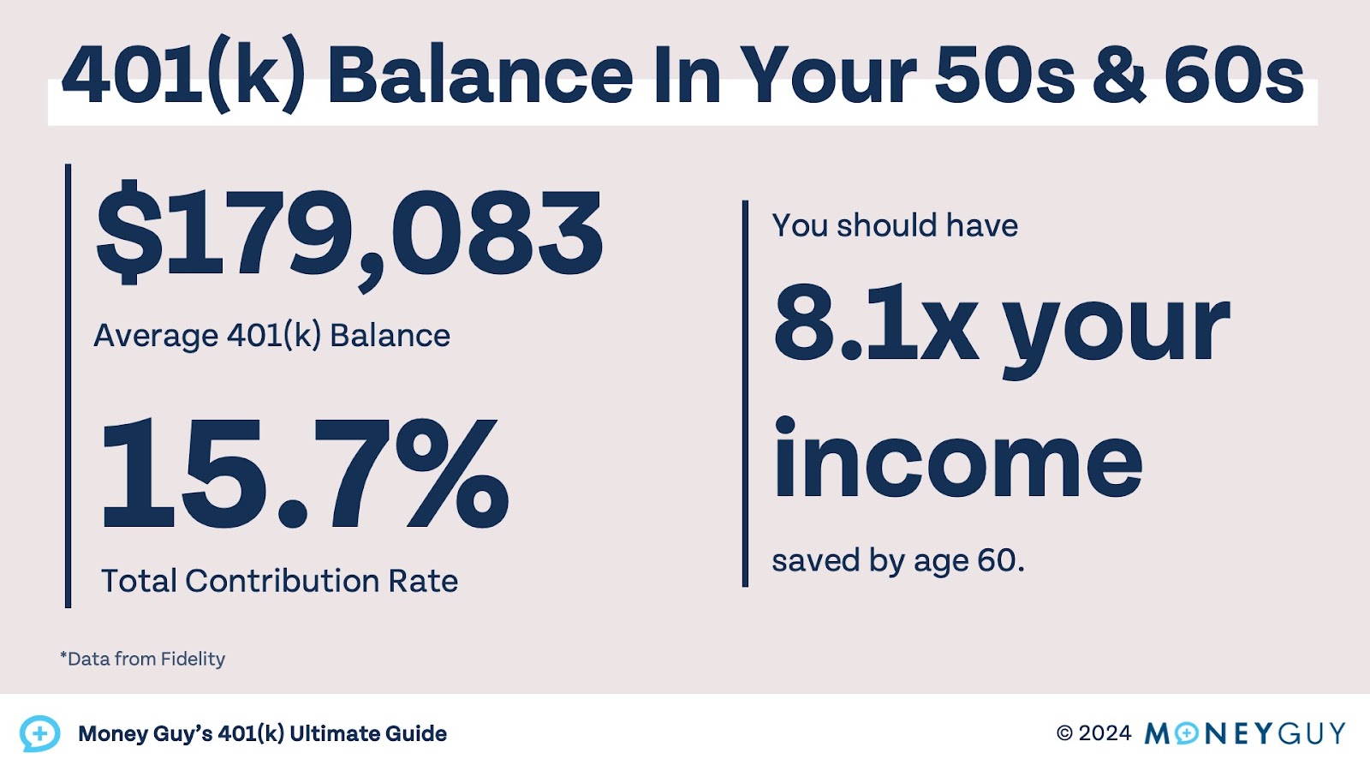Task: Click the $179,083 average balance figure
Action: tap(349, 234)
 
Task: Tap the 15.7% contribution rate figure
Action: tap(304, 474)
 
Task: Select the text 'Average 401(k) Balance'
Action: tap(271, 336)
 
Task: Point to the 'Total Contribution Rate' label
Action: tap(279, 581)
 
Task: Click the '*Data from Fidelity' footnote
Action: tap(142, 659)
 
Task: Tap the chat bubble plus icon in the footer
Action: tap(39, 734)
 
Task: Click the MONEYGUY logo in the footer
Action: tap(1244, 733)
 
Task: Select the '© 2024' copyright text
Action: tap(1093, 733)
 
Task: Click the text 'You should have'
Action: tap(895, 225)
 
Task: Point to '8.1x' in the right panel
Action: tap(875, 323)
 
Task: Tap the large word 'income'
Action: tap(957, 460)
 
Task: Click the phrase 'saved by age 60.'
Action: tap(897, 561)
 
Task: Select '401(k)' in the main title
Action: tap(183, 76)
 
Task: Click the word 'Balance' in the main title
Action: tap(479, 76)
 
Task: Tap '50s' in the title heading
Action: tap(1004, 76)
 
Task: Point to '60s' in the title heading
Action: tap(1233, 76)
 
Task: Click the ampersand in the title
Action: tap(1118, 76)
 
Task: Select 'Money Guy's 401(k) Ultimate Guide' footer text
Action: tap(262, 734)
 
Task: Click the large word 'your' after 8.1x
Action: tap(1116, 330)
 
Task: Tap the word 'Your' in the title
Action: tap(828, 76)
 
